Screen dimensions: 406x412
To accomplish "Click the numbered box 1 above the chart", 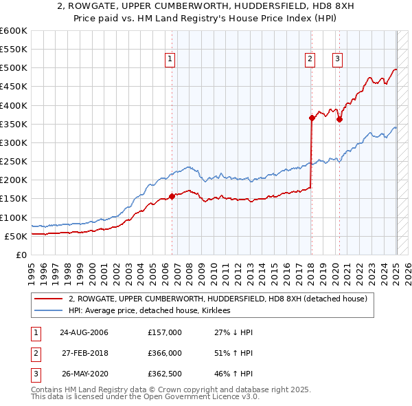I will click(x=170, y=59).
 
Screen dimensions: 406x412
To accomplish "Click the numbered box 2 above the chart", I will click(x=310, y=59).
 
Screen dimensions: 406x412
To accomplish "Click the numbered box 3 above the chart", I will click(x=338, y=59).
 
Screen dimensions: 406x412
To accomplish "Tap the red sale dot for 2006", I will click(x=172, y=196).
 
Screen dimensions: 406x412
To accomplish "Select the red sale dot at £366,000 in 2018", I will click(x=312, y=118).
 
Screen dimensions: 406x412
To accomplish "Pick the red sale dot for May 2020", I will click(x=339, y=119).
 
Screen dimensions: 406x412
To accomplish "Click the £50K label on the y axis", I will click(x=16, y=236).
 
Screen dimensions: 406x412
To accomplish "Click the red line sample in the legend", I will click(x=49, y=299).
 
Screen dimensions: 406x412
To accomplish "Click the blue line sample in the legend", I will click(x=49, y=310).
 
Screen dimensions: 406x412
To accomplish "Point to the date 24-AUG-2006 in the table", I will click(x=84, y=332).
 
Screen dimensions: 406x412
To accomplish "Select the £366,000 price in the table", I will click(x=165, y=353).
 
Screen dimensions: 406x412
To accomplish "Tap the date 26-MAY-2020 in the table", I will click(x=84, y=374).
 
